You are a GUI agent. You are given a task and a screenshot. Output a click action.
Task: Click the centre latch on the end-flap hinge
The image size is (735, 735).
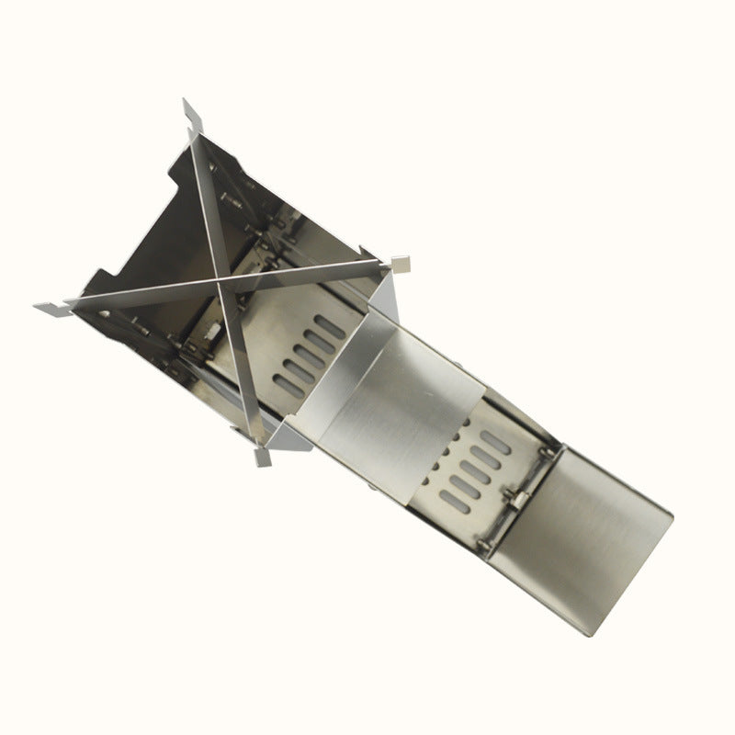click(516, 497)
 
